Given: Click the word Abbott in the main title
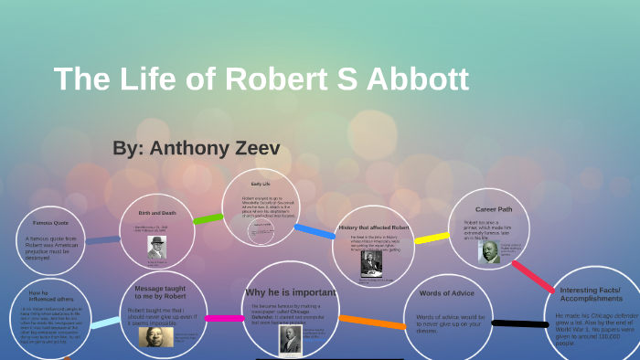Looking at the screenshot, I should [417, 79].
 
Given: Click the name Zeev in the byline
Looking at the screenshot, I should [251, 147].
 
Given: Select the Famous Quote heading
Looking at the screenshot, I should [50, 223].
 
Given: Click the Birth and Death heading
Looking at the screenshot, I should [156, 211].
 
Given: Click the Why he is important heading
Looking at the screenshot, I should [291, 292].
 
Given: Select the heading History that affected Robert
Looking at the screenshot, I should [373, 228].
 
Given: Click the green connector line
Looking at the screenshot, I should [208, 219].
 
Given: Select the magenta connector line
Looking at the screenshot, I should [224, 319].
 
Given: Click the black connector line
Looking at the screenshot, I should [517, 323].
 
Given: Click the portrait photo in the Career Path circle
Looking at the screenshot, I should [489, 251].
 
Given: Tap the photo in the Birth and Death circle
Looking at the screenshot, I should [157, 247].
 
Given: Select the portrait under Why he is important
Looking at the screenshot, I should [291, 338].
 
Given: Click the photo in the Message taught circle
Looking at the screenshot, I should [155, 336].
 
